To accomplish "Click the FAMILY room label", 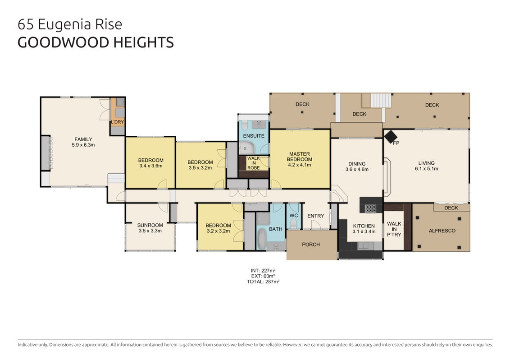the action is click(83, 139).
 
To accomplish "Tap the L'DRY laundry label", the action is click(118, 122).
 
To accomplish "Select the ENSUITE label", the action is click(254, 136).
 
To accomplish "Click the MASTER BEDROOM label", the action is click(300, 157).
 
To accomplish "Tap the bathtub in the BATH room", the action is click(261, 239).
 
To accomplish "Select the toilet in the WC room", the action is click(293, 224).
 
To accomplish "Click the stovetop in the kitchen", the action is click(370, 208).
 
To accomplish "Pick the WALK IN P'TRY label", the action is click(394, 229).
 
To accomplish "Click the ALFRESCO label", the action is click(442, 231).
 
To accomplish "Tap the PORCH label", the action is click(311, 245).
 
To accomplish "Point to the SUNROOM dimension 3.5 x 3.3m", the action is click(150, 231).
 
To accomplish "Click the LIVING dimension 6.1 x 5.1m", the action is click(426, 168).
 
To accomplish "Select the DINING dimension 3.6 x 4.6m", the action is click(357, 169).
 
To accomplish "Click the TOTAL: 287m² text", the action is click(263, 282).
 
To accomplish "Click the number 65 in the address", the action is click(26, 24).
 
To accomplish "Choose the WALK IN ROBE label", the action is click(254, 163).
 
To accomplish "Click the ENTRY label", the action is click(315, 216).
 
